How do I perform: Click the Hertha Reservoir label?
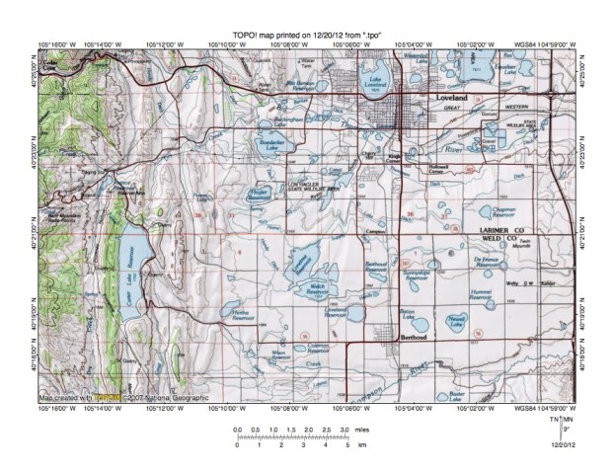pyautogui.click(x=243, y=314)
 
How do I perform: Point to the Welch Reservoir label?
pyautogui.click(x=318, y=288)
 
